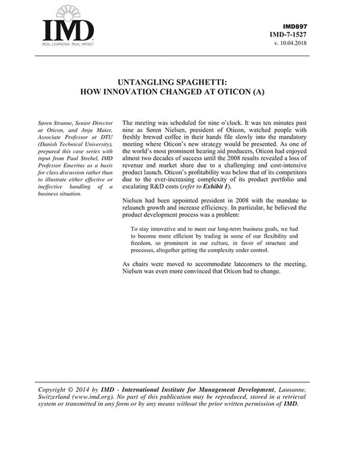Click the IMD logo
point(68,30)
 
